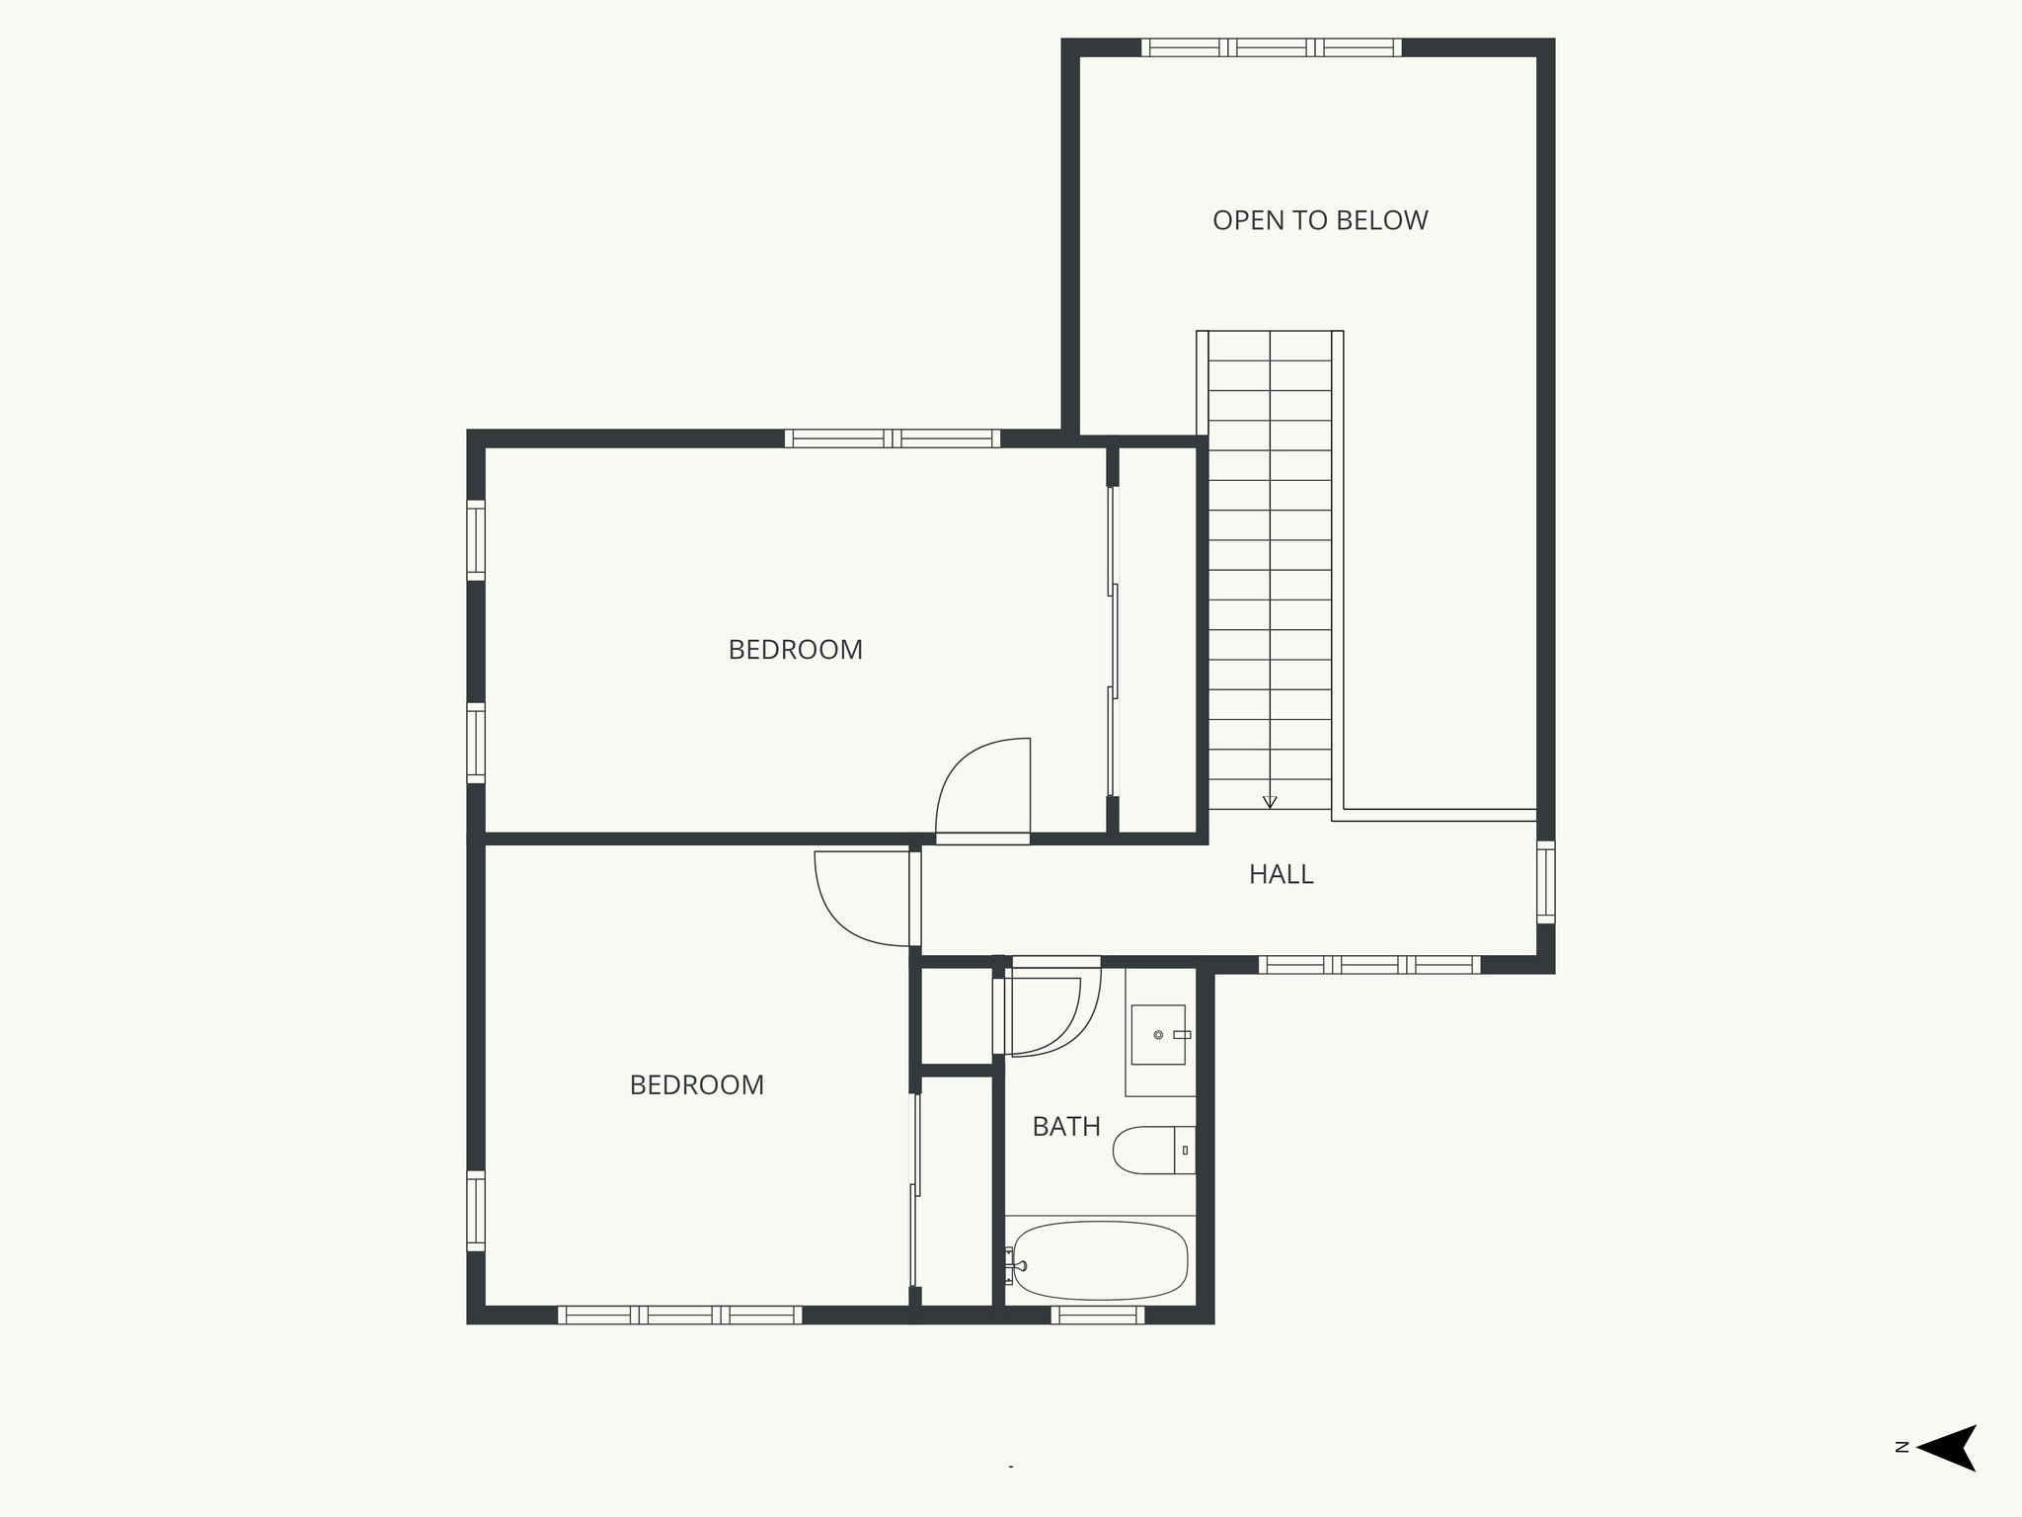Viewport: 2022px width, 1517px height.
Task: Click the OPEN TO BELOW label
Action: tap(1320, 220)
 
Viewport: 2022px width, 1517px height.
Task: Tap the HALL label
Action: tap(1281, 874)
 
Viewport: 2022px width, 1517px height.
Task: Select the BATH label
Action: tap(1065, 1127)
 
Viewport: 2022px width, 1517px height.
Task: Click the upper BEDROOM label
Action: tap(795, 650)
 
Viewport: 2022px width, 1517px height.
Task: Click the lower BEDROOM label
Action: tap(696, 1085)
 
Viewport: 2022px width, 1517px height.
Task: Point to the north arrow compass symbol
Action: tap(1946, 1476)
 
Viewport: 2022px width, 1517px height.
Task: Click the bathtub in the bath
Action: tap(1100, 1261)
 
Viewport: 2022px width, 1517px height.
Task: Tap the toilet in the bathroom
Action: tap(1151, 1151)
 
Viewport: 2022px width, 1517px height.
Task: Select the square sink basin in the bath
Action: tap(1157, 1034)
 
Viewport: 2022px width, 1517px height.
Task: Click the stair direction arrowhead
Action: tap(1270, 802)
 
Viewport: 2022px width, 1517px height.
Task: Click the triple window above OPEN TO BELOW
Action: tap(1271, 47)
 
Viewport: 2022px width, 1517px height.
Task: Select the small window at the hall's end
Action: tap(1545, 882)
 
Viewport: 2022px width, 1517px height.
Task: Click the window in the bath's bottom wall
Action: tap(1097, 1315)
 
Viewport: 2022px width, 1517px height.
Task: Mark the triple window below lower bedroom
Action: tap(679, 1315)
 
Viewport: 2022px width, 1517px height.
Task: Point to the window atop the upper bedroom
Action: tap(892, 439)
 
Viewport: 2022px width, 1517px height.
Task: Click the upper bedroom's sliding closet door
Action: tap(1113, 642)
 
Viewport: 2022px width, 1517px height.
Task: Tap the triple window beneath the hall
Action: tap(1368, 965)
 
